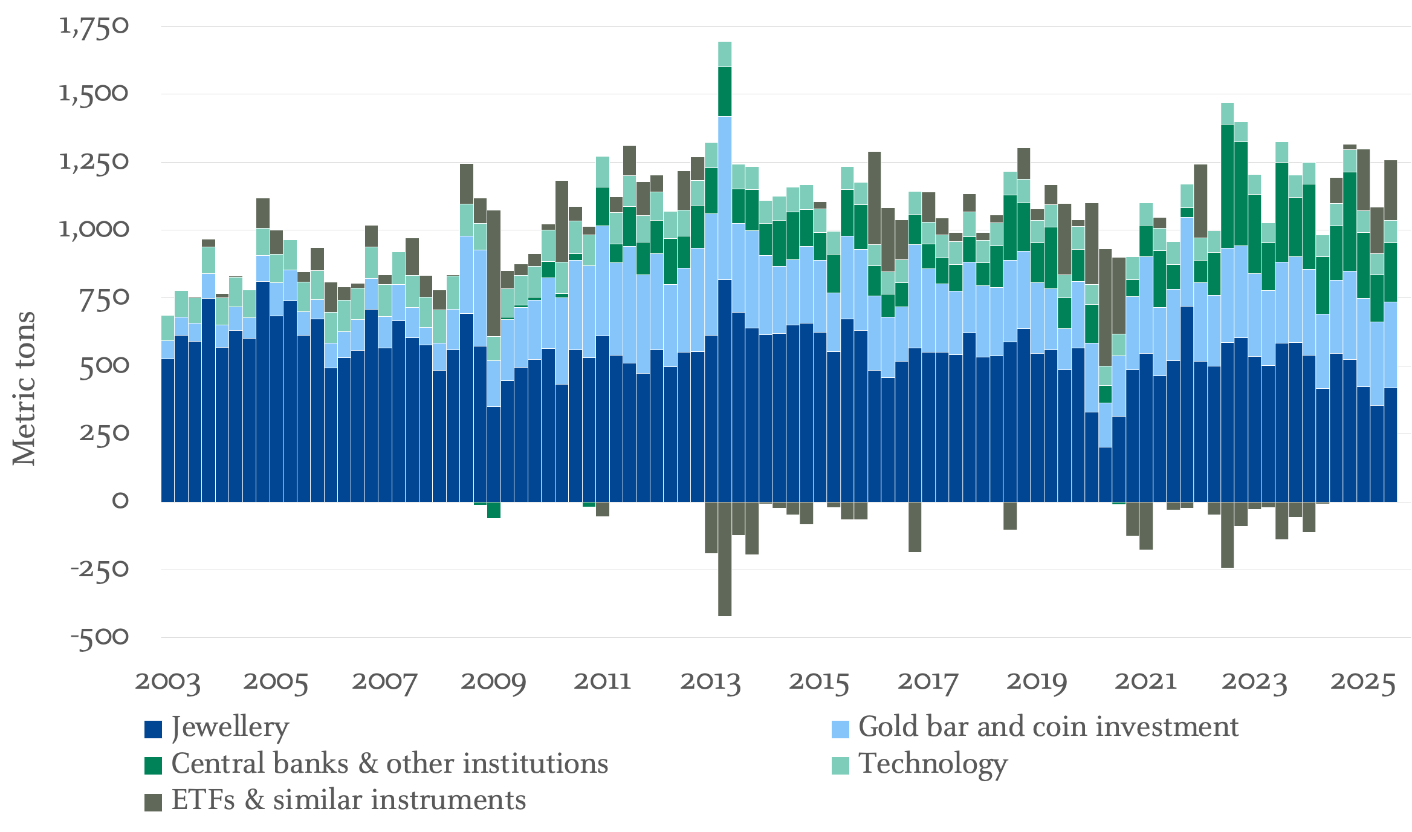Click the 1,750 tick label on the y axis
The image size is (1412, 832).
click(x=94, y=26)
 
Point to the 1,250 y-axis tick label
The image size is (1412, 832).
click(x=94, y=161)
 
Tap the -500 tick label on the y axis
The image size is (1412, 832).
click(x=100, y=637)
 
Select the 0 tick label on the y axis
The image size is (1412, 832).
click(x=120, y=501)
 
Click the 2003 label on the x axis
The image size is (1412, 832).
click(x=167, y=681)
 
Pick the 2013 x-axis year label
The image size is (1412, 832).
click(x=710, y=681)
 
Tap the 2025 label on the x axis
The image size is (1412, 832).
click(x=1363, y=681)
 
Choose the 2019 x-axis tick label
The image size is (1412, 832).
click(x=1037, y=681)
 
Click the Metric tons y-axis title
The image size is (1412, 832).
click(x=24, y=388)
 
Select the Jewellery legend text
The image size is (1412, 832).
click(x=230, y=727)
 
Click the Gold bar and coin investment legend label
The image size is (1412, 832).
click(x=1048, y=727)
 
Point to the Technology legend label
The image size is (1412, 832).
click(x=933, y=764)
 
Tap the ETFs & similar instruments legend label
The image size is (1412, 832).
click(x=349, y=801)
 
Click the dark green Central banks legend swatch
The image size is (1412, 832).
click(x=154, y=765)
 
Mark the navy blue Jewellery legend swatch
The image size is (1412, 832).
click(x=154, y=729)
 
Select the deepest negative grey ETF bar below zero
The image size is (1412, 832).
click(x=724, y=559)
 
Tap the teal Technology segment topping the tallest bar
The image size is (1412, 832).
click(x=724, y=54)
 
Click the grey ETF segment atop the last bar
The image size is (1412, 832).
click(x=1390, y=190)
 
